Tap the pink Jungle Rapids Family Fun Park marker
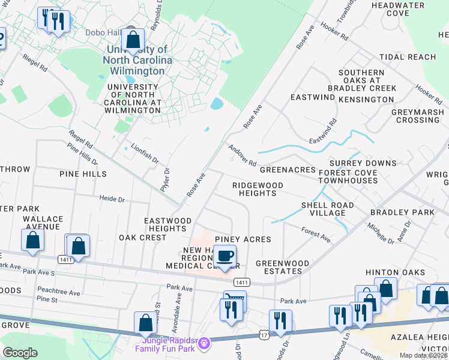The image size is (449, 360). point(204,343)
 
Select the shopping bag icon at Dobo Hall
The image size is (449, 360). point(133,41)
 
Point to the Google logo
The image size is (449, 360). point(20,352)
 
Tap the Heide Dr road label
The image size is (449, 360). point(112,199)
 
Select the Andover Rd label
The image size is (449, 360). point(242,155)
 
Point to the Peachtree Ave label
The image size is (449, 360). point(58,292)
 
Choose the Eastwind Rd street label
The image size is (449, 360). point(323,131)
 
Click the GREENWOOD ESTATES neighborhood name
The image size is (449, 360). point(282,267)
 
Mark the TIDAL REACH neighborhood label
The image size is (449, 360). point(408,57)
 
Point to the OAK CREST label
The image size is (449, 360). point(142,238)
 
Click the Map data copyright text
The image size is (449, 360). point(424,355)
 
